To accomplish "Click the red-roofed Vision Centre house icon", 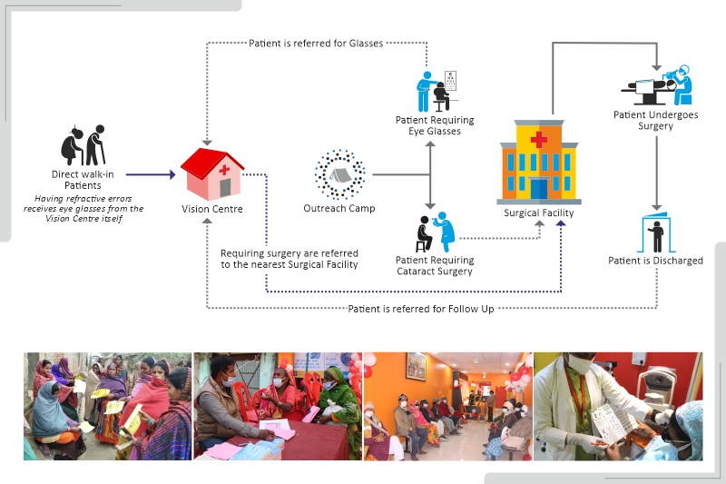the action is pos(212,174).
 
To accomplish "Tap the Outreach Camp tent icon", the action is pos(340,175).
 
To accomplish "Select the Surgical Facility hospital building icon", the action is pos(539,163).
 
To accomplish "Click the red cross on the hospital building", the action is pos(539,139).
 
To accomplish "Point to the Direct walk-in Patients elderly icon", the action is pos(83,145).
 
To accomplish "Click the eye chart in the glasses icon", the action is pos(450,80).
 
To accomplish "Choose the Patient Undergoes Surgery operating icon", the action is pos(656,85).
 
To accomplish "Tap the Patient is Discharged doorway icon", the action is pos(656,232).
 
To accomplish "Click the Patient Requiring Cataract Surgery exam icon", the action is pos(436,232).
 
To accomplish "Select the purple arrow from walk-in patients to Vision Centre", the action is pos(151,174).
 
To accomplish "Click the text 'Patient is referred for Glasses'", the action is pos(316,43).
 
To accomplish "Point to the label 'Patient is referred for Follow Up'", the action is pos(421,309).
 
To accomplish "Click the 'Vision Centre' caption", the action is pos(212,209).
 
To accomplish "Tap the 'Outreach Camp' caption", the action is pos(339,209).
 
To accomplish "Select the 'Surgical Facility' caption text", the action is pos(539,213).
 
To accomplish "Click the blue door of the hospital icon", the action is pos(539,189).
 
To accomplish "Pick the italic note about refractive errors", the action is pos(83,209).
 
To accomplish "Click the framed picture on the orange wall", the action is pos(416,366).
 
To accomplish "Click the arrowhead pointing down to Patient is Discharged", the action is pos(656,208).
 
